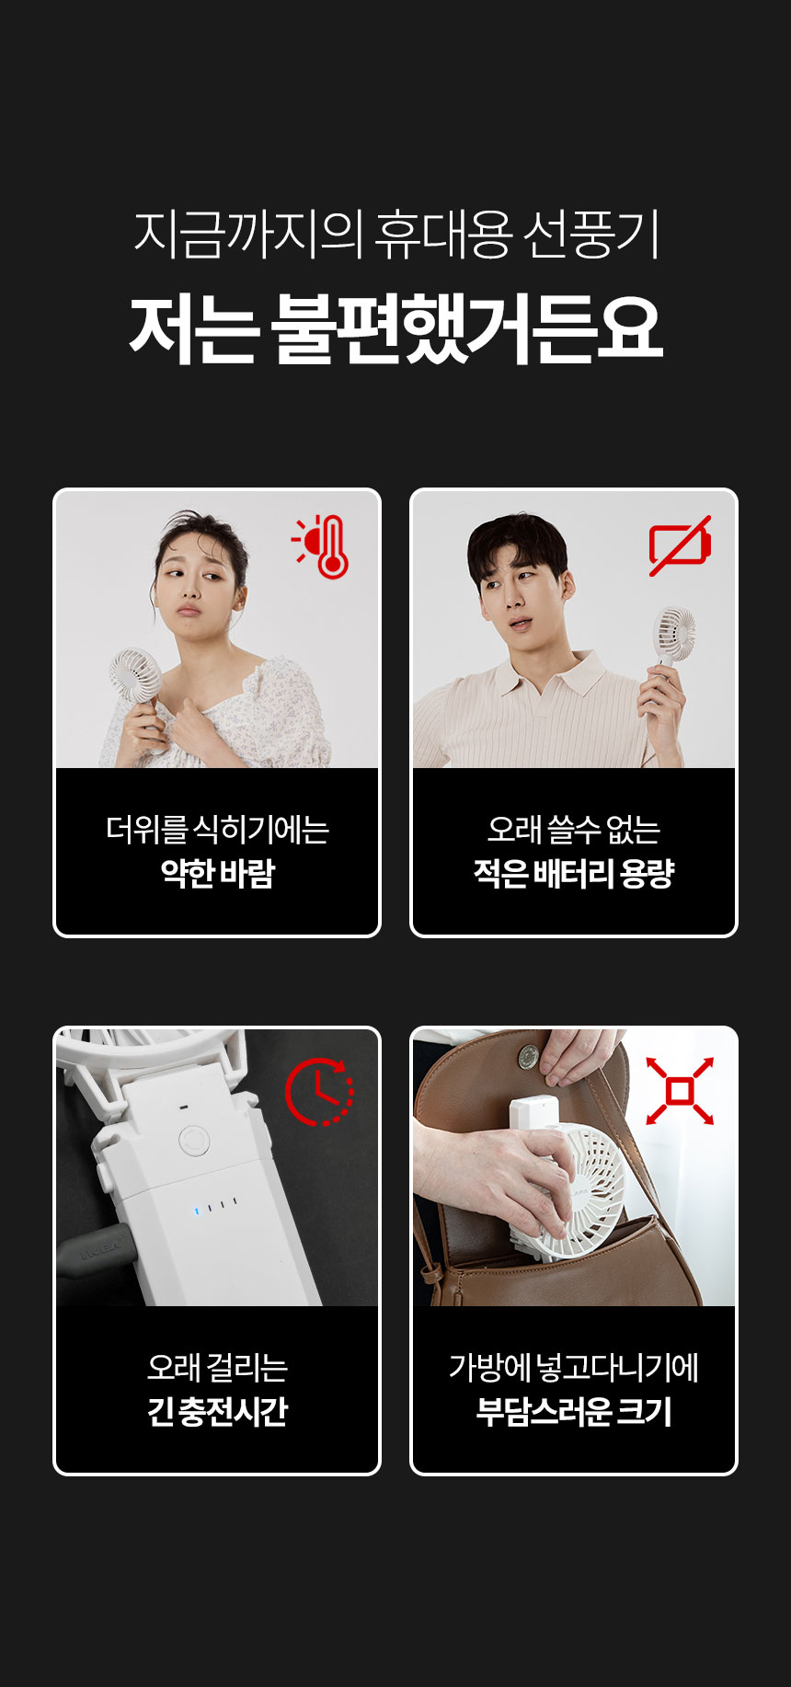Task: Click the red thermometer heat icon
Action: click(321, 546)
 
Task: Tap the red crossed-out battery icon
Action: click(680, 545)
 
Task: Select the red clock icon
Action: click(319, 1092)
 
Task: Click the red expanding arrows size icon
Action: click(680, 1091)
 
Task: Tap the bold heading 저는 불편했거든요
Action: click(395, 328)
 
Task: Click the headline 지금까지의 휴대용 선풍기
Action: click(396, 235)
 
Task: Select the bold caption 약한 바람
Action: click(218, 872)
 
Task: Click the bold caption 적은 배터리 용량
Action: click(574, 872)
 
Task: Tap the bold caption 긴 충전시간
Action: click(218, 1410)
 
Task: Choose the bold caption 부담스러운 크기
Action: click(574, 1410)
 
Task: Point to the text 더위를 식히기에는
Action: click(218, 830)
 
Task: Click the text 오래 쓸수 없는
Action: click(574, 830)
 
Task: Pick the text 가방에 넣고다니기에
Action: click(574, 1368)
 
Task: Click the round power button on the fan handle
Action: click(193, 1142)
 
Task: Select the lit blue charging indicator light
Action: click(196, 1211)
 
